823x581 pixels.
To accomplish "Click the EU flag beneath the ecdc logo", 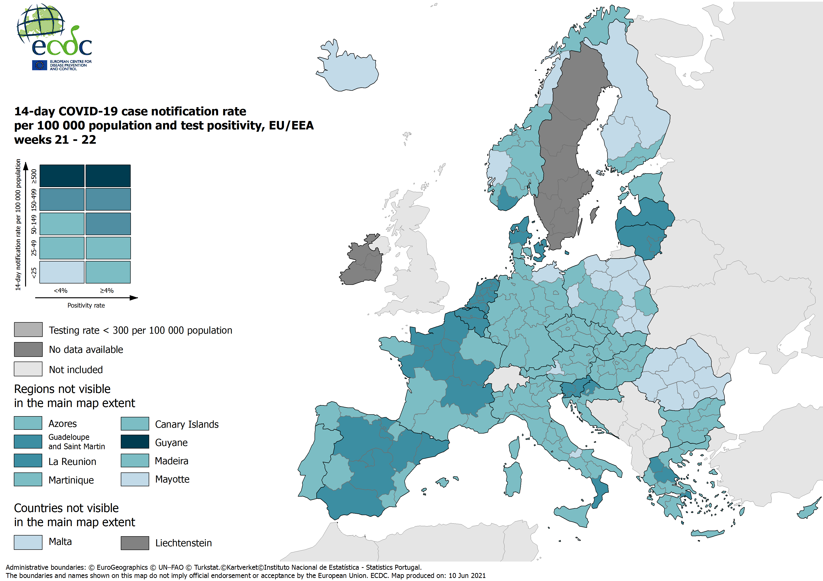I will coord(39,65).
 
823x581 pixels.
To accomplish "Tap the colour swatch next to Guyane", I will coord(135,441).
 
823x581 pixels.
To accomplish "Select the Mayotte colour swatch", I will coord(135,479).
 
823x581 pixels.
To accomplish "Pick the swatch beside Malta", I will coord(28,542).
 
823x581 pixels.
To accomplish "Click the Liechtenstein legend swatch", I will coord(135,543).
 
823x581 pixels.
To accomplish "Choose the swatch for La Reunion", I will coord(28,460).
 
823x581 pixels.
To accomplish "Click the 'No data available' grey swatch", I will coord(28,349).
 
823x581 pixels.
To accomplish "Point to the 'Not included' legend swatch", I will coord(28,369).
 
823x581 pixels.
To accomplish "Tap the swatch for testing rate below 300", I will coord(28,329).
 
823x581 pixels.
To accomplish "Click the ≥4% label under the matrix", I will coord(107,290).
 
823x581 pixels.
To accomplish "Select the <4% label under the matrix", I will coord(61,290).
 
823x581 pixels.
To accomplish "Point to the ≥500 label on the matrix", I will coord(34,176).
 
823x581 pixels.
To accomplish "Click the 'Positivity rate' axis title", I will coord(86,305).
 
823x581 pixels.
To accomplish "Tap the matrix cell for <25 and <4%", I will coord(62,272).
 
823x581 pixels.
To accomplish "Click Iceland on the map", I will coord(349,72).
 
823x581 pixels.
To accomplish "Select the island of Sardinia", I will coord(514,479).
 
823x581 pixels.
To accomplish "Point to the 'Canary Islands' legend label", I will coord(187,424).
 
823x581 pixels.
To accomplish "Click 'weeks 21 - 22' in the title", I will coord(55,140).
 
